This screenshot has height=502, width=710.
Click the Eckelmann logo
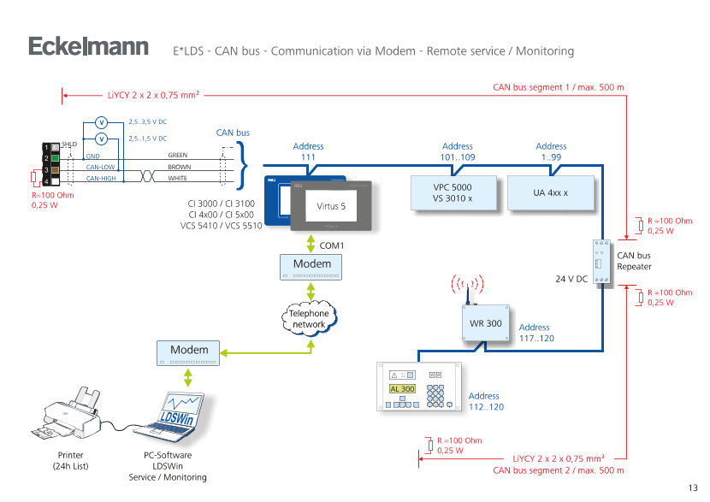(88, 46)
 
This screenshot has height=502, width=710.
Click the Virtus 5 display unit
(331, 206)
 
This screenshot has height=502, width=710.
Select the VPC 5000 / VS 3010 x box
(453, 192)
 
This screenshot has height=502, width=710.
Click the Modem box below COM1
(311, 266)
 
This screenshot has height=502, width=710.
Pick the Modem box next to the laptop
(189, 351)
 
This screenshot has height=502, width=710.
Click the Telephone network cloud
(309, 319)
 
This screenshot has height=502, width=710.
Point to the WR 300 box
(486, 323)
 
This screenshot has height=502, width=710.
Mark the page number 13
(693, 487)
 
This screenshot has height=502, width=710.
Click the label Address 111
(308, 152)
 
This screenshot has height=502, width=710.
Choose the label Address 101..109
(458, 152)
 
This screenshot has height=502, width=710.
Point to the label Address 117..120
(535, 333)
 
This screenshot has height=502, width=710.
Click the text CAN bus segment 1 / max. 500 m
(559, 87)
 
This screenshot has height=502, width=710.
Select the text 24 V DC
(570, 279)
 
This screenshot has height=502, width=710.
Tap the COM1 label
(331, 245)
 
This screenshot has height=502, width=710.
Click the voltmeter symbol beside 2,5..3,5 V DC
(100, 122)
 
